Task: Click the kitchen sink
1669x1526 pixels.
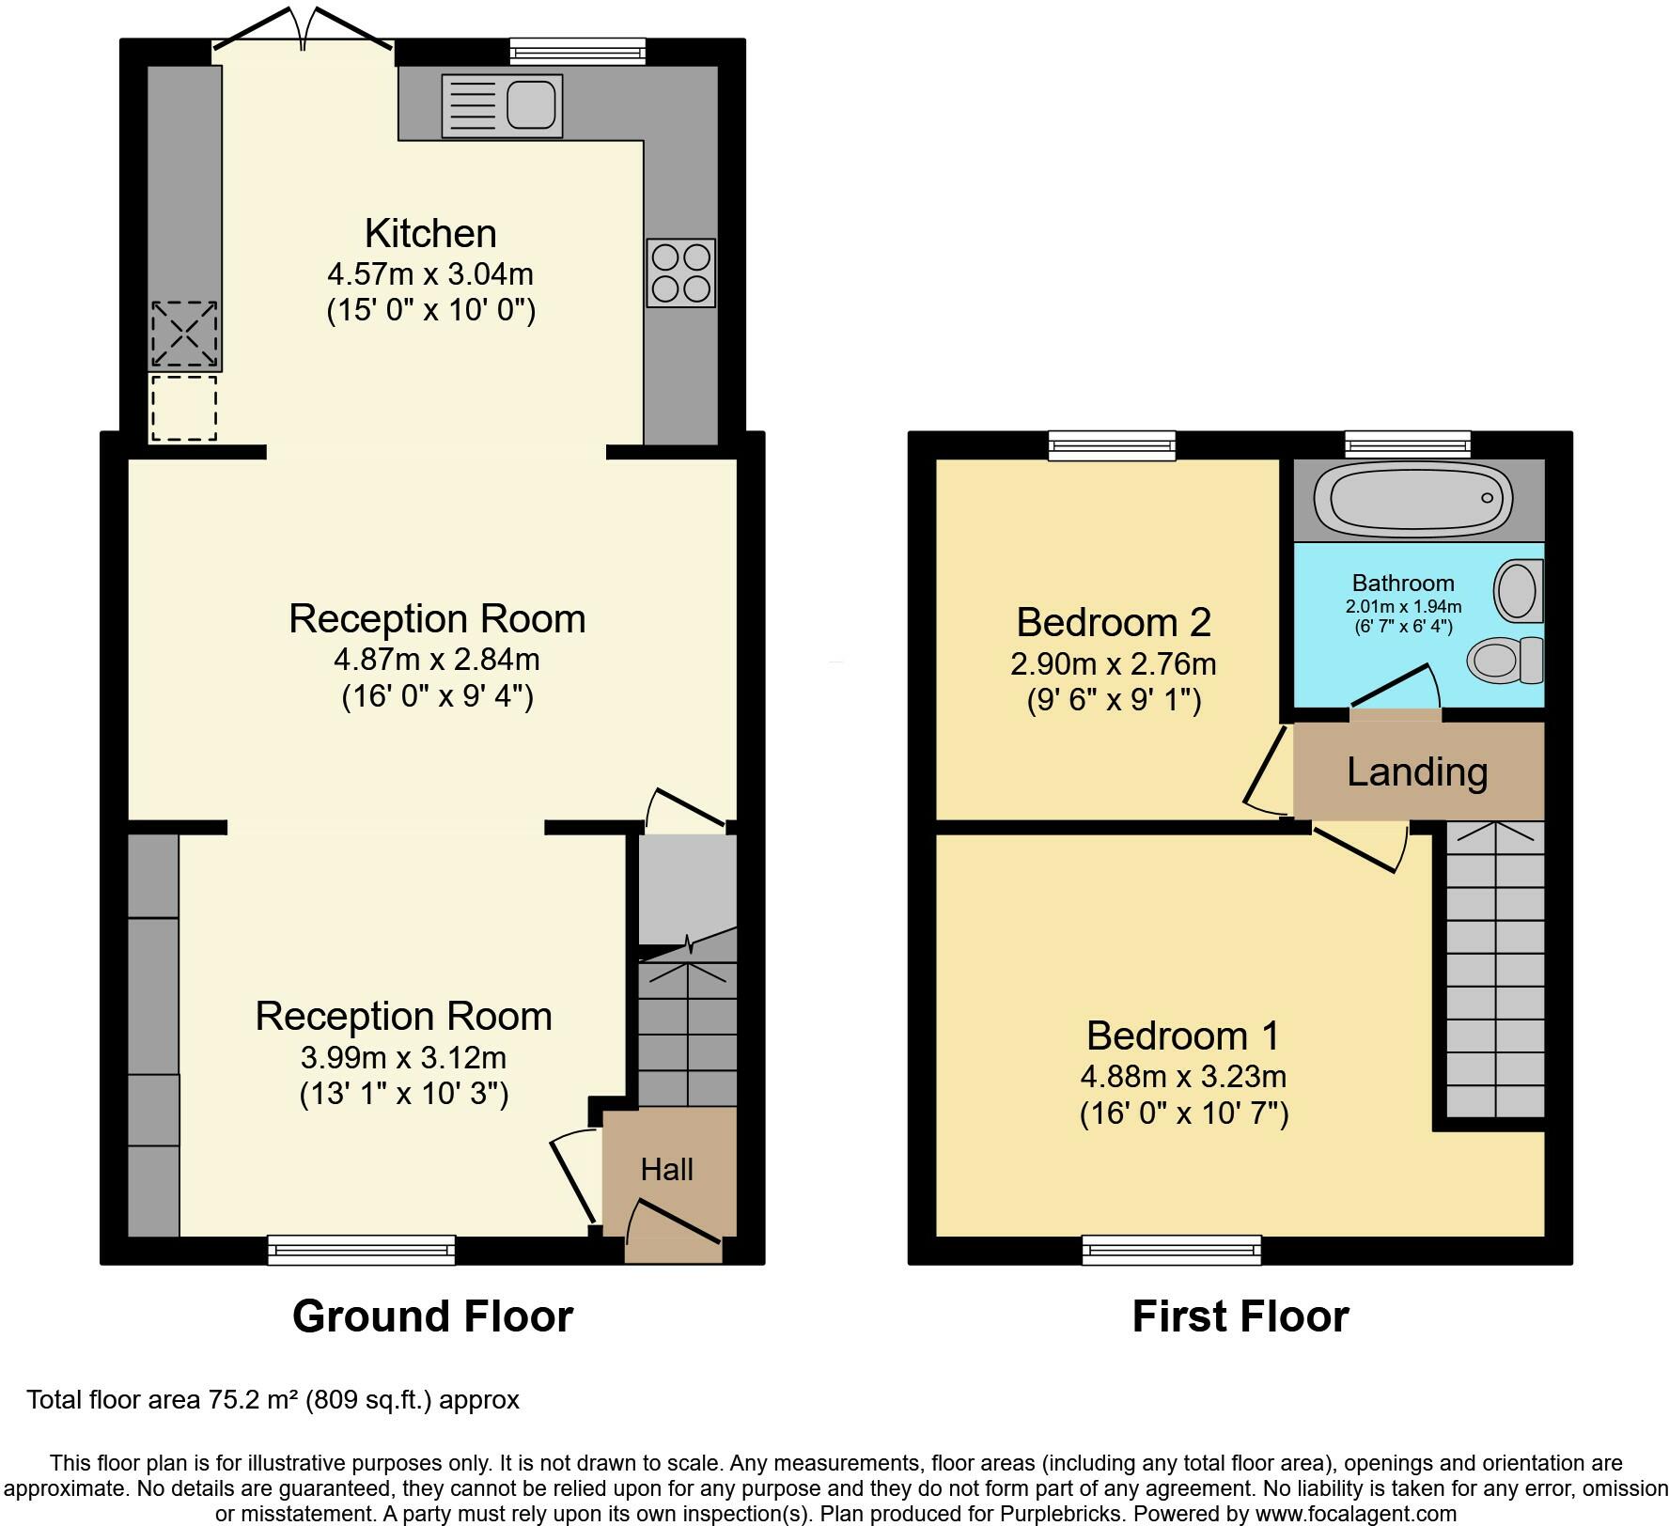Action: point(502,105)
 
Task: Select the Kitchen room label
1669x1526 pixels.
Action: point(430,233)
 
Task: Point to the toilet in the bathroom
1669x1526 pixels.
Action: point(1505,660)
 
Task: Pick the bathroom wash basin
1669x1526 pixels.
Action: point(1518,590)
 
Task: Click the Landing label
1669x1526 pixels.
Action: point(1417,771)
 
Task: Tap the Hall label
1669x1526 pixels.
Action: point(667,1169)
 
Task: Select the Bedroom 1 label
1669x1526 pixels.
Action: point(1183,1035)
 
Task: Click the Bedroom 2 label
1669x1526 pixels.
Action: point(1114,622)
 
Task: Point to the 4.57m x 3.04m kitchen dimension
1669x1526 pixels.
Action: point(430,274)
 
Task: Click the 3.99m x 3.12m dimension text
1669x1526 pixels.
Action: point(403,1058)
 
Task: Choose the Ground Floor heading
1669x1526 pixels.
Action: point(432,1316)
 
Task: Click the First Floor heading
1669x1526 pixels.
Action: point(1240,1316)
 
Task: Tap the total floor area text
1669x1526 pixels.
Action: point(273,1400)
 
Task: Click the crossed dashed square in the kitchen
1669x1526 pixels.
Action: point(185,334)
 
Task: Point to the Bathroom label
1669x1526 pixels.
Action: point(1403,583)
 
